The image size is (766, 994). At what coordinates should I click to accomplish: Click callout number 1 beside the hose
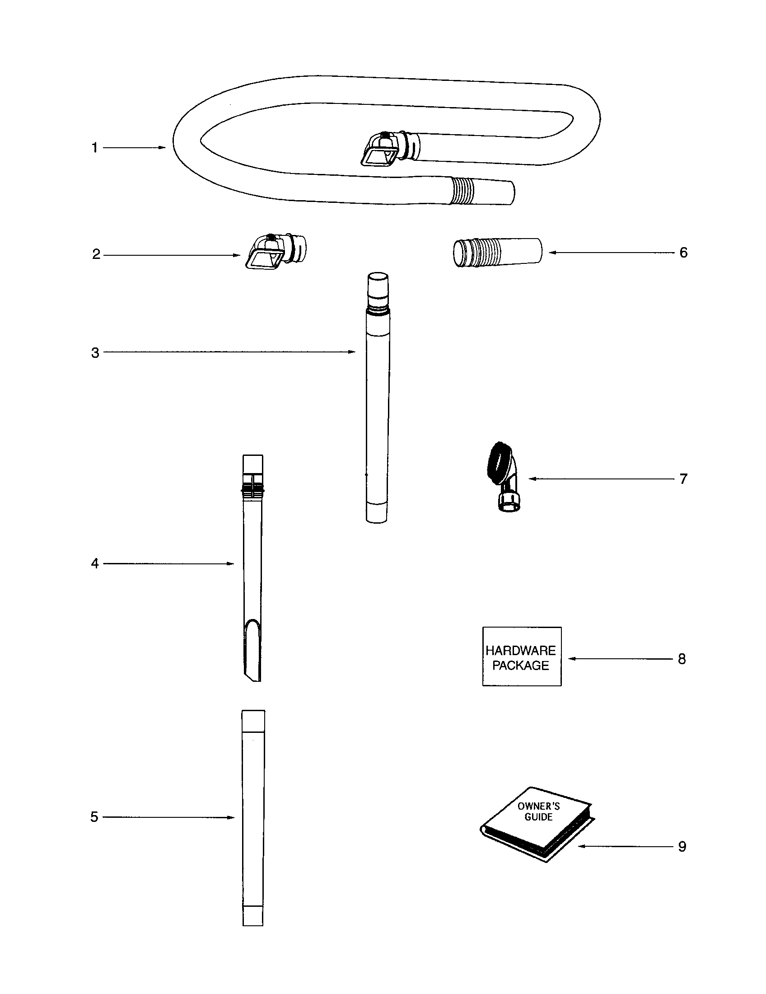point(94,148)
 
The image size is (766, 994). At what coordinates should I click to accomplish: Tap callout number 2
point(96,254)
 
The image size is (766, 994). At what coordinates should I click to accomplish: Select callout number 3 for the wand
point(95,353)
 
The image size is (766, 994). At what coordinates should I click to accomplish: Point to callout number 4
point(94,564)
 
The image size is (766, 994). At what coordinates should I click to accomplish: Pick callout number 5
point(94,817)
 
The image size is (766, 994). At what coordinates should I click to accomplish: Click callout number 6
point(683,253)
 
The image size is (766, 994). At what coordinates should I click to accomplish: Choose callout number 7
point(683,479)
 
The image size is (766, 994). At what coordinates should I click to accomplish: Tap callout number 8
point(682,659)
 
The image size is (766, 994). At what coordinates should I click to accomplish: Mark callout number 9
point(682,847)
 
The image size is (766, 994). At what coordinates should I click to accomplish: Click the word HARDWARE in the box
point(521,650)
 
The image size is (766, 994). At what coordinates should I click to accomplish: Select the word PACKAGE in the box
point(521,666)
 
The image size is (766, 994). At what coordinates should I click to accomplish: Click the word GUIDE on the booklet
point(538,817)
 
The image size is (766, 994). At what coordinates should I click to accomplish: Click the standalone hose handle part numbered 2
point(275,252)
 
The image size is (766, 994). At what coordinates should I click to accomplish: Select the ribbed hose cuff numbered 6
point(497,252)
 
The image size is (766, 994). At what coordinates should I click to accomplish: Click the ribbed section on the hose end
point(462,191)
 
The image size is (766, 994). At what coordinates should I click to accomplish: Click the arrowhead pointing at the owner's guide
point(581,847)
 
